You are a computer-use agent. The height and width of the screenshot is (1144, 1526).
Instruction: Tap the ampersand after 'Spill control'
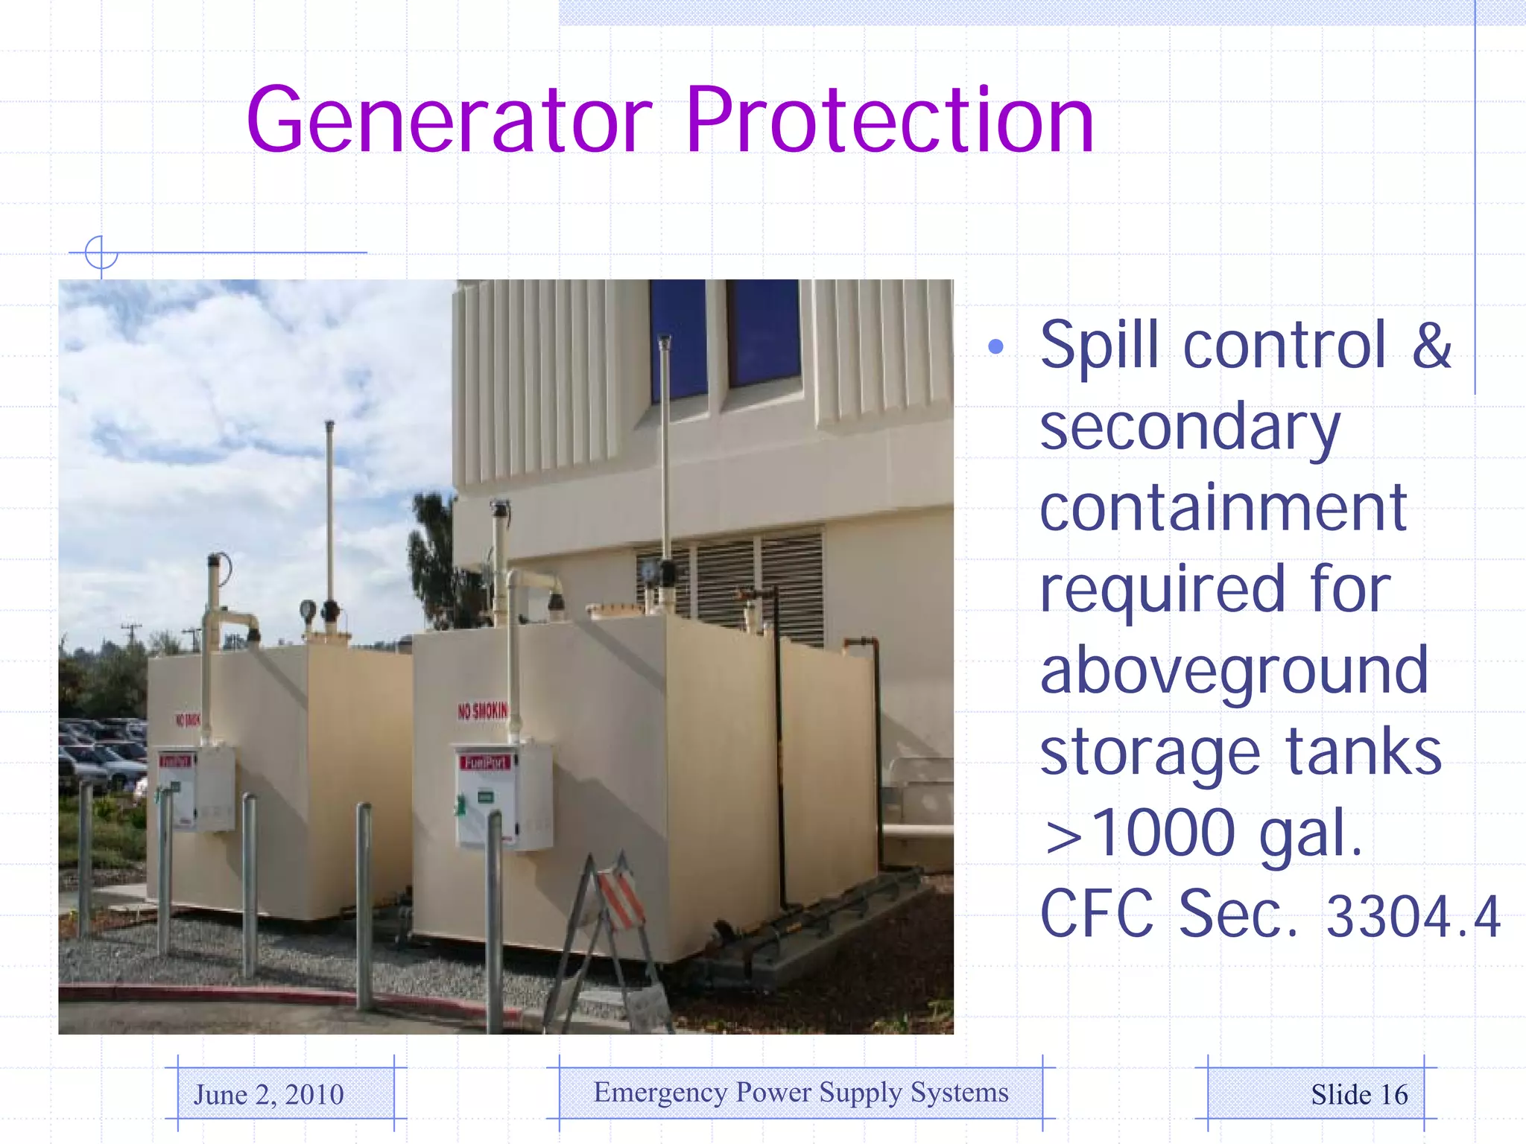(1431, 346)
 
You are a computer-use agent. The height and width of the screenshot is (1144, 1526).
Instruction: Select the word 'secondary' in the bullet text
(1189, 428)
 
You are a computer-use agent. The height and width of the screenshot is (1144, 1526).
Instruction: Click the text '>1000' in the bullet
(1139, 833)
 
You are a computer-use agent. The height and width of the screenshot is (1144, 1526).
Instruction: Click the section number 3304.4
(1413, 917)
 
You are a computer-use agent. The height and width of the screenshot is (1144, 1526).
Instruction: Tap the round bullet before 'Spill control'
(995, 346)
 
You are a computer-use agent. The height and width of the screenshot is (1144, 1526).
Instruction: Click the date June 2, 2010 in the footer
(269, 1095)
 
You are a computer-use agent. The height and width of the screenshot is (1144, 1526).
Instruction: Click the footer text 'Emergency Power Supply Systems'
(801, 1093)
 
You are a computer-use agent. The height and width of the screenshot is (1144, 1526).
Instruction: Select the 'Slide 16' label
(1359, 1095)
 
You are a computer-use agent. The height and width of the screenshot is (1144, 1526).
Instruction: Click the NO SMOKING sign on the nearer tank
(482, 711)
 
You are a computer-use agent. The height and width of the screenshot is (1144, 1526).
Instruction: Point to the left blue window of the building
(678, 339)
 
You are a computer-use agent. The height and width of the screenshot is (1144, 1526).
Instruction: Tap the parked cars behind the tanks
(104, 752)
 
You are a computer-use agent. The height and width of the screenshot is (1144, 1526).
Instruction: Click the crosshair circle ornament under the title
(101, 252)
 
